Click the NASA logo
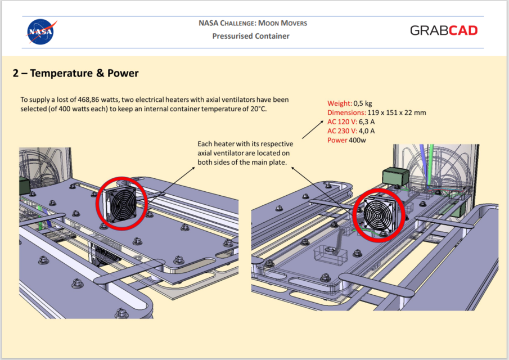pyautogui.click(x=40, y=32)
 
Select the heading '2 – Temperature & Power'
pyautogui.click(x=75, y=74)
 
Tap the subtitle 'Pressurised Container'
pyautogui.click(x=250, y=37)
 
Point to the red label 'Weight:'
pyautogui.click(x=340, y=103)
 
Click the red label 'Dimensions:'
pyautogui.click(x=346, y=112)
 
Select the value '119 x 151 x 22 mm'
pyautogui.click(x=397, y=112)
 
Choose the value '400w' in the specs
pyautogui.click(x=357, y=139)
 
